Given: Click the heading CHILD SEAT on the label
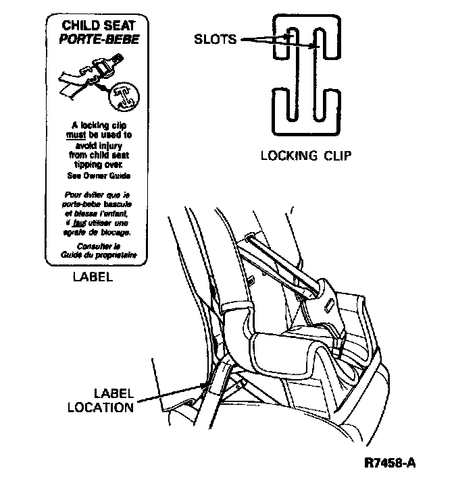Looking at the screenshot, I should (99, 26).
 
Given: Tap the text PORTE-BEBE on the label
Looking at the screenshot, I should (99, 39).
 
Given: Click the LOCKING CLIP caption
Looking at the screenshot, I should (306, 156).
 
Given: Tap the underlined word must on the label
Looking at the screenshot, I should (75, 134).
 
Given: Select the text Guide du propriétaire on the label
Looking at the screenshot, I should (99, 256).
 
